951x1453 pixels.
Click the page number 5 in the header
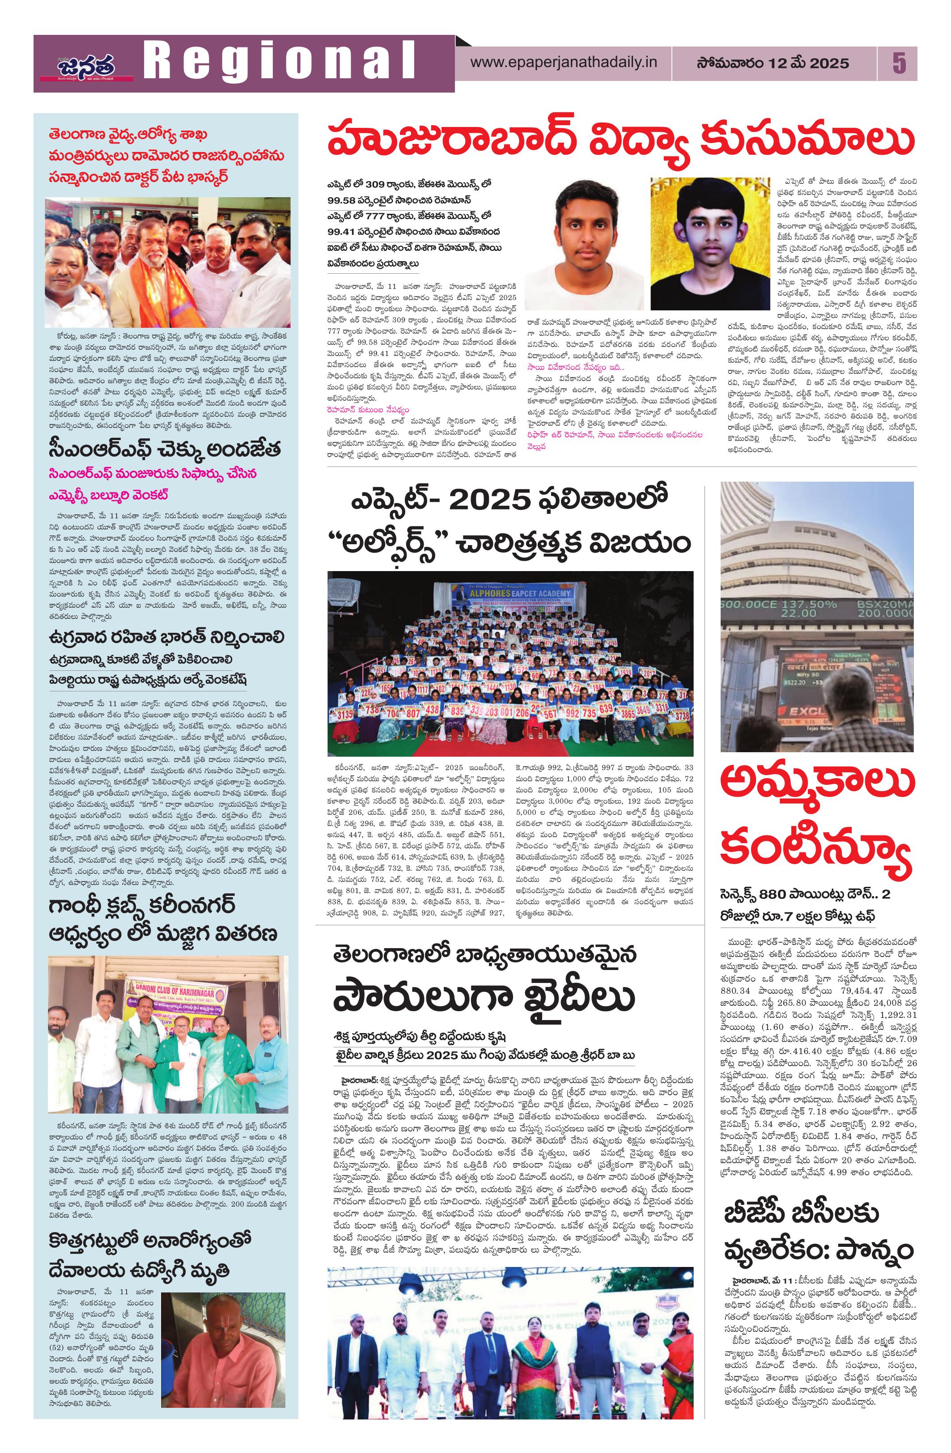click(898, 64)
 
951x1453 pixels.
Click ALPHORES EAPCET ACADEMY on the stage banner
click(511, 593)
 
